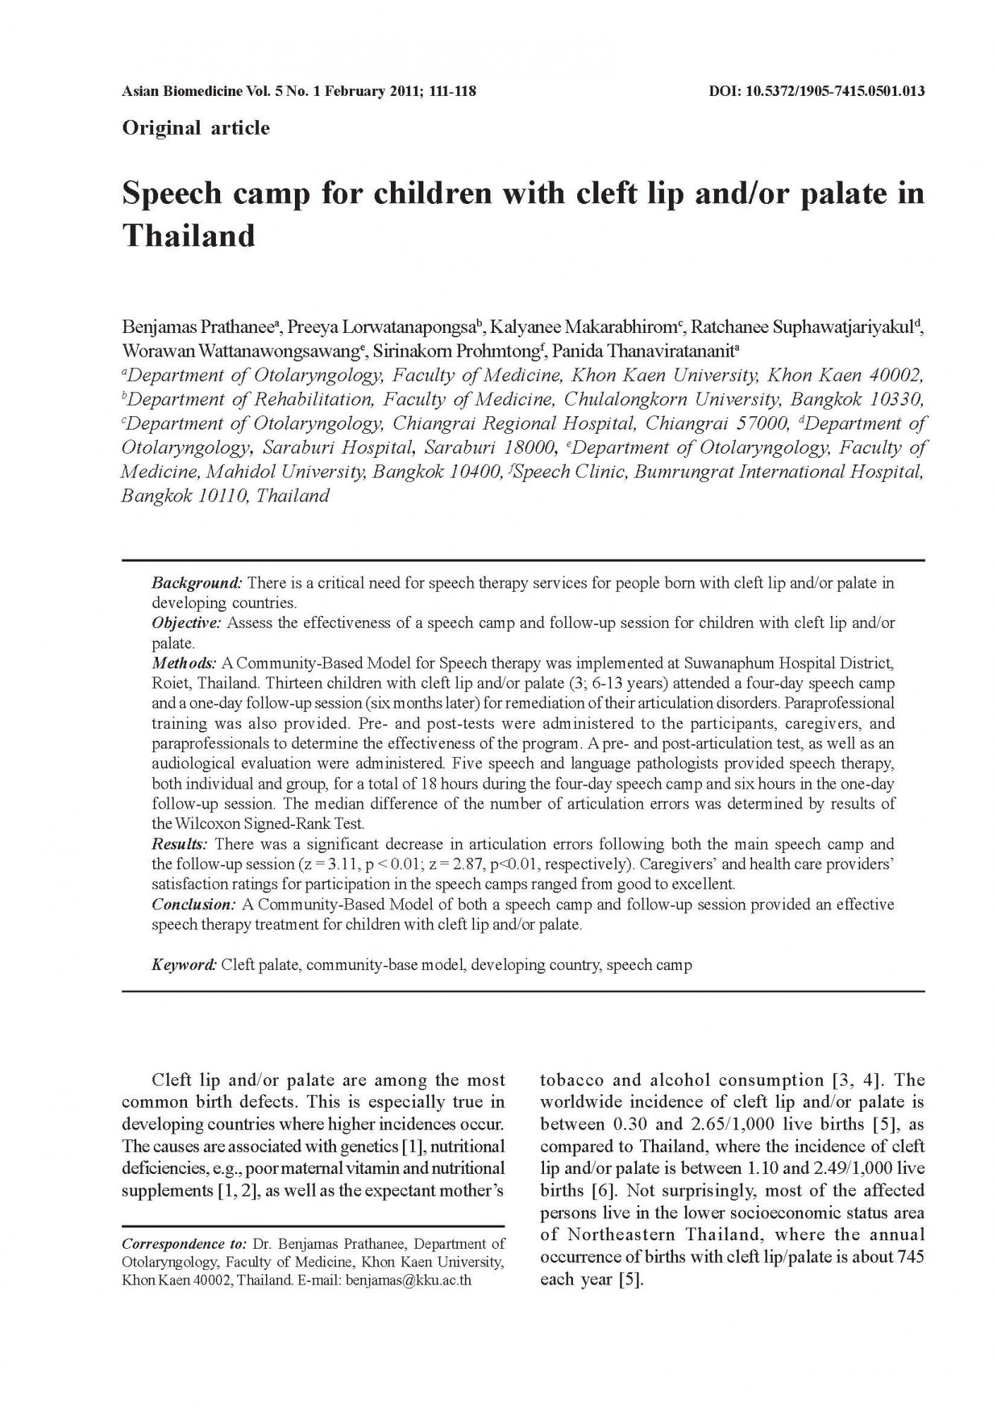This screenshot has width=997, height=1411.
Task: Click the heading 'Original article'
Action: [195, 128]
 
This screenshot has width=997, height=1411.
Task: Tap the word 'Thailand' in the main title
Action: [188, 236]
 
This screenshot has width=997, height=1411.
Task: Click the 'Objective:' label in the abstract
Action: [187, 623]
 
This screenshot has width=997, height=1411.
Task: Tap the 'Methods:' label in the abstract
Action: [184, 663]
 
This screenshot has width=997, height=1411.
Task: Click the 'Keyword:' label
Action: [185, 964]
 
